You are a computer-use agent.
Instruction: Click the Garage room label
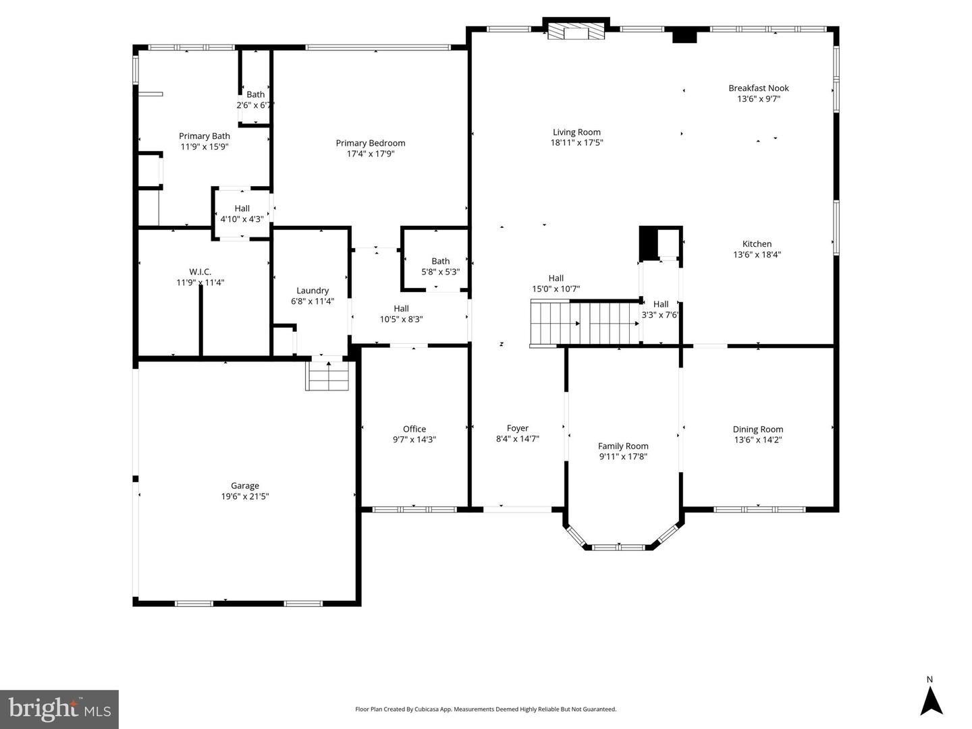[244, 486]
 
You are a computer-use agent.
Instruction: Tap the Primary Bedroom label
[371, 143]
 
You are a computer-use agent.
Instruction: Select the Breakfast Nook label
[758, 88]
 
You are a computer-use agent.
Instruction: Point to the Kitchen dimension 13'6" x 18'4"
[757, 255]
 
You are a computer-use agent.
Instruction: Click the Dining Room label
[757, 430]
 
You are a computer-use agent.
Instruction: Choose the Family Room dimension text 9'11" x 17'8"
[623, 457]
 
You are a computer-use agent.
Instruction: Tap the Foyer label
[517, 428]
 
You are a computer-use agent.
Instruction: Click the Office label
[414, 429]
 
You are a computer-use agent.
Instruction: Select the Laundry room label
[313, 291]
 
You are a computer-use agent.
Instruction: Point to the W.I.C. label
[200, 272]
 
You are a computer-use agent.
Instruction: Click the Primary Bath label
[204, 136]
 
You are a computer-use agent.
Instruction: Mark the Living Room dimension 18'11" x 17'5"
[576, 143]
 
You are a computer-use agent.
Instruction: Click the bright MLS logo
[59, 709]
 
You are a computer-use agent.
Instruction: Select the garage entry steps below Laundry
[329, 376]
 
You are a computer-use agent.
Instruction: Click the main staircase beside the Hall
[585, 324]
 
